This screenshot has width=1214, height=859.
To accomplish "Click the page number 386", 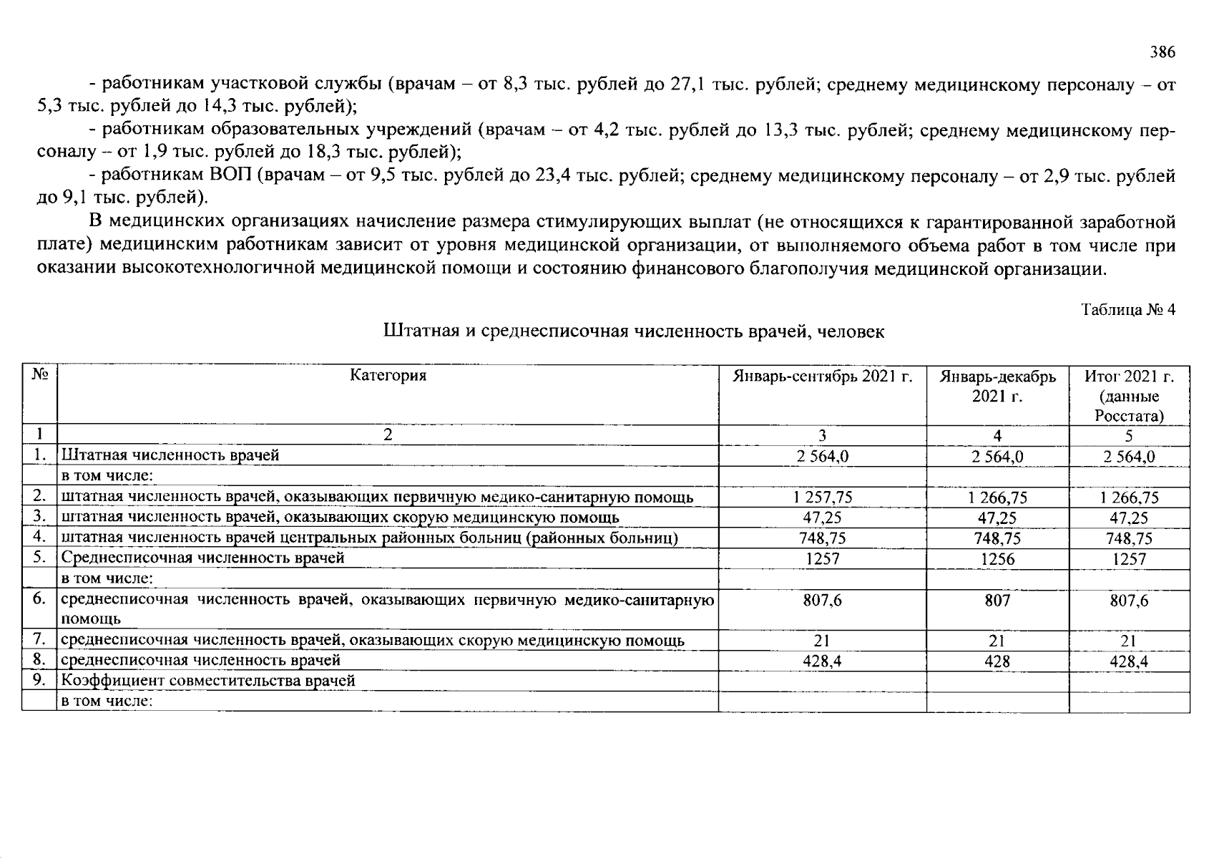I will click(x=1162, y=52).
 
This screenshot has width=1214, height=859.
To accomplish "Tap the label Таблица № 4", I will click(x=1128, y=310).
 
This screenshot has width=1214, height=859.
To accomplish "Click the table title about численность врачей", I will click(x=634, y=331).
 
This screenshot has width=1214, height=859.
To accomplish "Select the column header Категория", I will click(x=388, y=376).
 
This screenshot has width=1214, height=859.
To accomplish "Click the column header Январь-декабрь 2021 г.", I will click(x=997, y=386).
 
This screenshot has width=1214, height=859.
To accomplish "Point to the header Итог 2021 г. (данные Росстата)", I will click(x=1129, y=396).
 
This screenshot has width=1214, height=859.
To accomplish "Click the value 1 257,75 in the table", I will click(x=823, y=498).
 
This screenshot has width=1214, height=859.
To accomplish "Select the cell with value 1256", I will click(x=997, y=559).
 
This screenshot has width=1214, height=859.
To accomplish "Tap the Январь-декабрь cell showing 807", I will click(x=997, y=601).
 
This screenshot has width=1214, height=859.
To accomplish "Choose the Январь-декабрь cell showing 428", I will click(x=997, y=661).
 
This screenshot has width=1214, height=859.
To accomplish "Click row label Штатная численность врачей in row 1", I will click(x=170, y=455).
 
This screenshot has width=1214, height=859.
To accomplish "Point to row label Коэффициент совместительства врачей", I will click(x=208, y=681).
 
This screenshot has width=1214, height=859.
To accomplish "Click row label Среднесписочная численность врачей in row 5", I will click(x=203, y=558).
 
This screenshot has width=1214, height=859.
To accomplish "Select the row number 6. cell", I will click(x=39, y=599).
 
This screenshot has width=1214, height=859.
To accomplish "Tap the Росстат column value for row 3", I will click(x=1129, y=518).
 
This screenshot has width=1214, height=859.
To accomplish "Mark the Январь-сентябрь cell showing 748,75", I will click(x=823, y=538).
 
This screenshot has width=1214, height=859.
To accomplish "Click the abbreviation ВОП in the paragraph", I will click(x=232, y=176).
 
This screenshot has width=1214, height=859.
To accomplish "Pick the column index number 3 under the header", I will click(x=823, y=435).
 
